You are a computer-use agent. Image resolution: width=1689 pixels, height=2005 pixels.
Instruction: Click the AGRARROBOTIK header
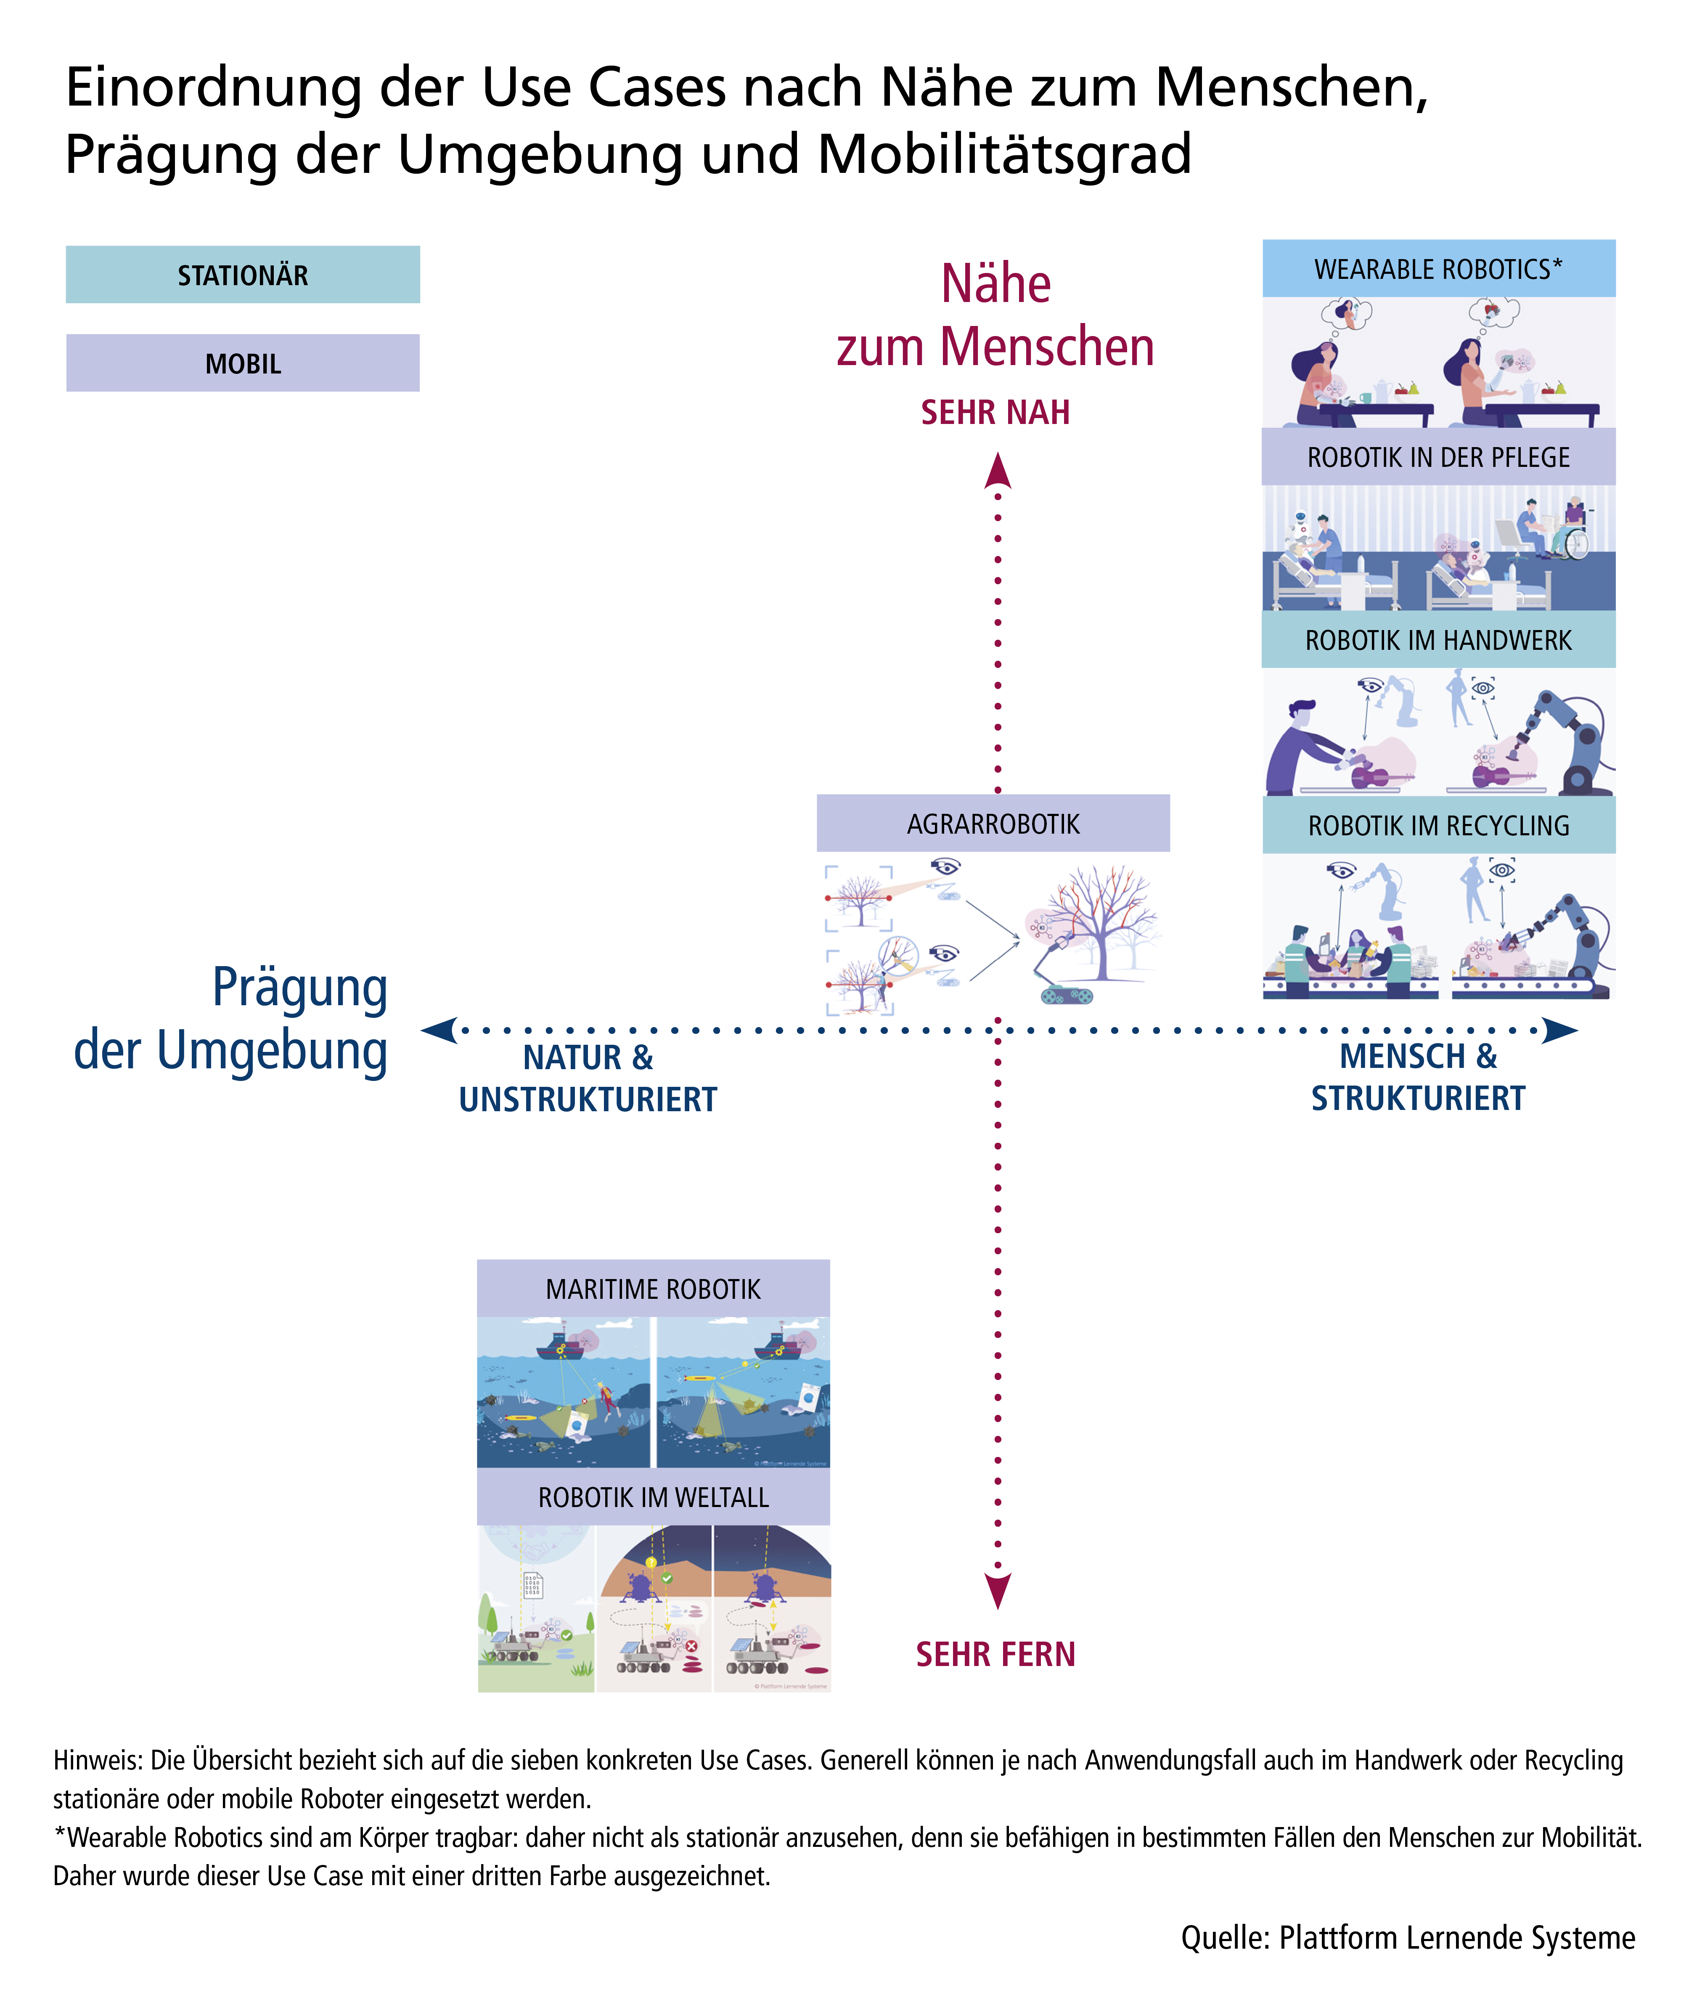coord(993,824)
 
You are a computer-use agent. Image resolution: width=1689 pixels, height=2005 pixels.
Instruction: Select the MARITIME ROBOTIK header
coord(653,1289)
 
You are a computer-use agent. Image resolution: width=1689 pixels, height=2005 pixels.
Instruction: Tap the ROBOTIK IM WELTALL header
coord(653,1496)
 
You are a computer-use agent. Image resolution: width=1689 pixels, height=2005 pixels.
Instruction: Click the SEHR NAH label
coord(996,413)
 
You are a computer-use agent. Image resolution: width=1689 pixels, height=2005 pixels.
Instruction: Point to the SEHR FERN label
coord(996,1655)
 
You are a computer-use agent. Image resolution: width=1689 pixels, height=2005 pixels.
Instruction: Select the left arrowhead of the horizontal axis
coord(439,1030)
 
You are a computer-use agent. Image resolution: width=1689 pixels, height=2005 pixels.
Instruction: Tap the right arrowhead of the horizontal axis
coord(1560,1030)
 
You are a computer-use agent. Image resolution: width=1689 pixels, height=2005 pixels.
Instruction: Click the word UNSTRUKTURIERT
coord(588,1099)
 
